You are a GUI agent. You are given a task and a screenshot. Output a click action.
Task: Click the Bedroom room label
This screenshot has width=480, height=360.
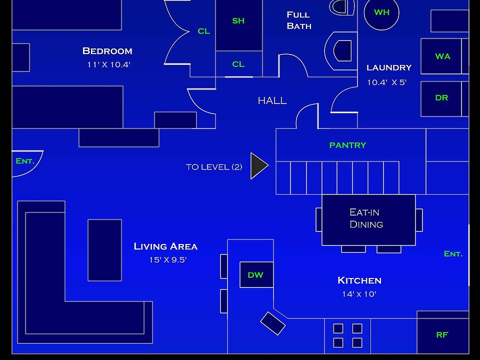[x=107, y=51]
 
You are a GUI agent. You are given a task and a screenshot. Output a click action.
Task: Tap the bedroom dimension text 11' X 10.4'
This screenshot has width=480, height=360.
[x=108, y=64]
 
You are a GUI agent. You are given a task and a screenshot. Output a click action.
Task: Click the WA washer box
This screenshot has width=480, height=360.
[x=442, y=56]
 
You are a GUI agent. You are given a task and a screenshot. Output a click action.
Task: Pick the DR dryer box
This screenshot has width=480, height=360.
[x=441, y=98]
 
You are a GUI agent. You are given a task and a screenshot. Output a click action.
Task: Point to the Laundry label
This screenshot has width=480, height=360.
[x=389, y=67]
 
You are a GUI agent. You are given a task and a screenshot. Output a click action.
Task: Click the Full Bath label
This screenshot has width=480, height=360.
[x=299, y=20]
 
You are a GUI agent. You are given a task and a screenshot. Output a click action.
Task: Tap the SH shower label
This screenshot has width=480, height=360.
[x=238, y=21]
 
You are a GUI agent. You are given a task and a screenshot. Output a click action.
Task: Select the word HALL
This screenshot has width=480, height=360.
[x=272, y=101]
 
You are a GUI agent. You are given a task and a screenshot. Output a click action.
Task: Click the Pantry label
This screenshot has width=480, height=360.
[x=347, y=145]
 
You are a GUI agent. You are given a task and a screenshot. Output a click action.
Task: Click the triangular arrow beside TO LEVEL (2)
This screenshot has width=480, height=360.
[x=258, y=166]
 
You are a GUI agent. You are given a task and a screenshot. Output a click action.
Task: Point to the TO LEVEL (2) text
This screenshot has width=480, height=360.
[x=214, y=167]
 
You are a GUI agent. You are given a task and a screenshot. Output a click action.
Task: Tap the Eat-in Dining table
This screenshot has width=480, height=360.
[x=368, y=219]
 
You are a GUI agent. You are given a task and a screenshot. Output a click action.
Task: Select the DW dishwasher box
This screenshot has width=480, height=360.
[x=256, y=275]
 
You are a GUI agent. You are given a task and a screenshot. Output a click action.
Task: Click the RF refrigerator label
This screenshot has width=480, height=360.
[x=442, y=335]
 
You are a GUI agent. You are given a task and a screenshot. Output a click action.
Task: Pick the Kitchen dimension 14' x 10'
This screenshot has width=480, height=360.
[x=359, y=294]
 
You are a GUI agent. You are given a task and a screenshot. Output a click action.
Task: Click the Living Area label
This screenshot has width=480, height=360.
[x=165, y=246]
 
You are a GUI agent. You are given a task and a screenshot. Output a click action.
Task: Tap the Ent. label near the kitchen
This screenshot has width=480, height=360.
[x=453, y=254]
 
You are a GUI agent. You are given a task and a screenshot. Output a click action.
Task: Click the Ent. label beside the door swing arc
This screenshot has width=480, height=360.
[x=25, y=161]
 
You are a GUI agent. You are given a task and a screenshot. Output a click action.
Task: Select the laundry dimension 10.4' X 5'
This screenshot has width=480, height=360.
[x=386, y=82]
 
